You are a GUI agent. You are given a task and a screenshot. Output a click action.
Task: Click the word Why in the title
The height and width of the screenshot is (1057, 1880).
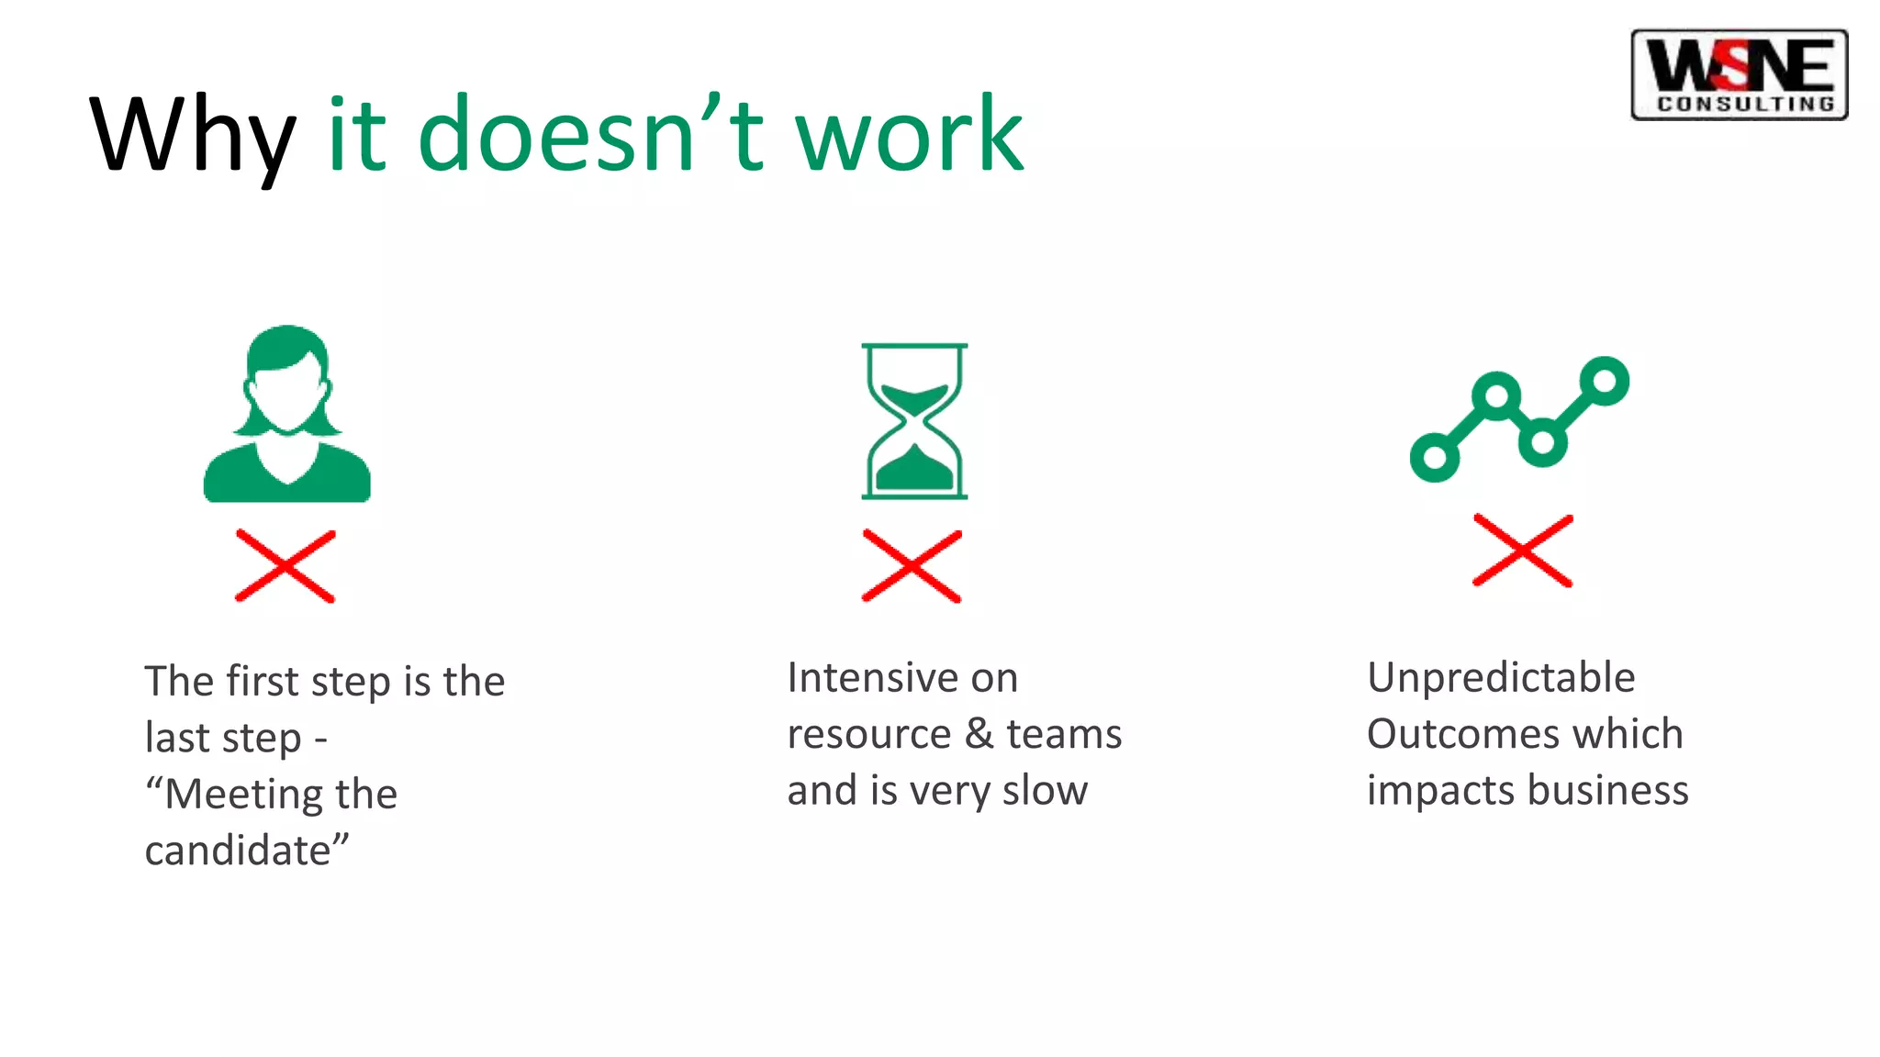pyautogui.click(x=192, y=136)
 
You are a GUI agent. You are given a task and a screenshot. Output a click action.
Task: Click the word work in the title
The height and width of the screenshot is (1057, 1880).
pyautogui.click(x=909, y=136)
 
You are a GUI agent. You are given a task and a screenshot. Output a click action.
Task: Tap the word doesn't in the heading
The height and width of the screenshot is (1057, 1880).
pyautogui.click(x=590, y=136)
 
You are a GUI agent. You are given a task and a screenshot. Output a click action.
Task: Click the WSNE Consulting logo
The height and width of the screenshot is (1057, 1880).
pyautogui.click(x=1739, y=74)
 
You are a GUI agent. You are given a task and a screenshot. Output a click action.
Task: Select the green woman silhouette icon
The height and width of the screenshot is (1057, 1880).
pyautogui.click(x=287, y=414)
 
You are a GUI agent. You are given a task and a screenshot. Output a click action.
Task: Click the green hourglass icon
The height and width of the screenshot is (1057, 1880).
pyautogui.click(x=914, y=421)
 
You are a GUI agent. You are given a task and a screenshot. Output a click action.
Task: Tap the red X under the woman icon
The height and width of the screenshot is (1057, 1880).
pyautogui.click(x=285, y=566)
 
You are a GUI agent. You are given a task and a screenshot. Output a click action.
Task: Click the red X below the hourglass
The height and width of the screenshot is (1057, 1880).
pyautogui.click(x=912, y=566)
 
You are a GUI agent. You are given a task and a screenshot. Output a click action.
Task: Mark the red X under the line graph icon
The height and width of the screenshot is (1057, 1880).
pyautogui.click(x=1523, y=551)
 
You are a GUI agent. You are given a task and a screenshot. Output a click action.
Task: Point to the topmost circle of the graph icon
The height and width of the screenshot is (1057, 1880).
pyautogui.click(x=1605, y=380)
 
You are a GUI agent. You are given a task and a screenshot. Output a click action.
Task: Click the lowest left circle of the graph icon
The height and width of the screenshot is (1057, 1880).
pyautogui.click(x=1435, y=456)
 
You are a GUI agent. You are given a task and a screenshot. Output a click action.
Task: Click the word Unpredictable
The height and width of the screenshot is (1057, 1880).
pyautogui.click(x=1501, y=678)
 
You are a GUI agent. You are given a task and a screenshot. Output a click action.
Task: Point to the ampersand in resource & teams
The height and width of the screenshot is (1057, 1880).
pyautogui.click(x=979, y=734)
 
